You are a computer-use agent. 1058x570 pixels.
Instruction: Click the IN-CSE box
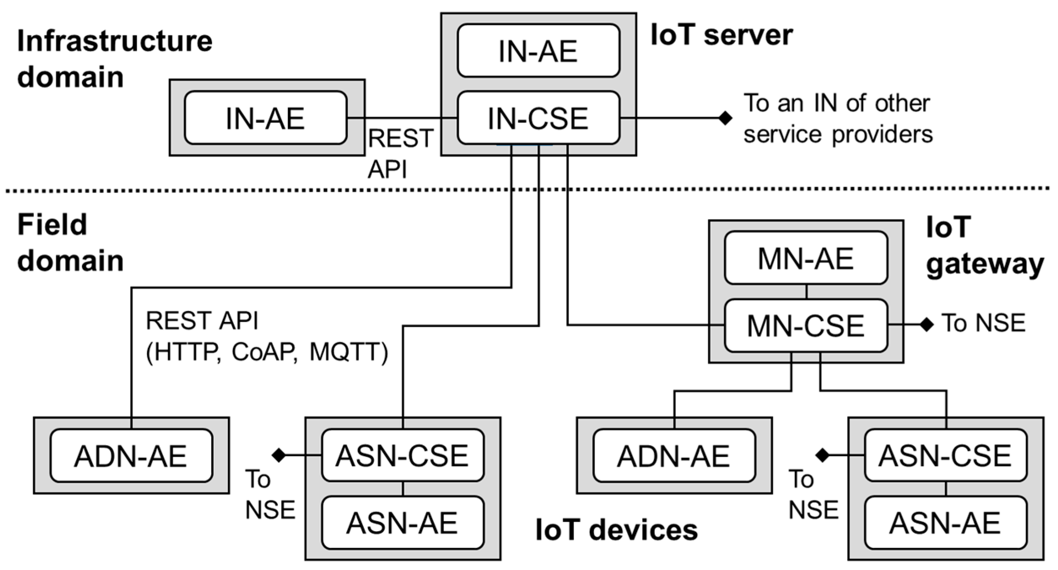[x=538, y=118]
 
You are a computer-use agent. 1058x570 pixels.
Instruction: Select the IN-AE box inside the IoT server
[x=538, y=51]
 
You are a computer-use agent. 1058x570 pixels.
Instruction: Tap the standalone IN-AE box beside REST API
[x=265, y=118]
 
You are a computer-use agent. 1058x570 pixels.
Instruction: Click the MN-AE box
[x=805, y=258]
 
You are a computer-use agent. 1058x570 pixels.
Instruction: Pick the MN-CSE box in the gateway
[x=805, y=325]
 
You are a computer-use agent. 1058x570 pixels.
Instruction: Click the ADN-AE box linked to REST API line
[x=131, y=456]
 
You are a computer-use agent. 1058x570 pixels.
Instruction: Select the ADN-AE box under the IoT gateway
[x=674, y=456]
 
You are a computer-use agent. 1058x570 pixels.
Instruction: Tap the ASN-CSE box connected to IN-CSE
[x=403, y=455]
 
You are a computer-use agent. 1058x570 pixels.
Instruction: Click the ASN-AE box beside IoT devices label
[x=403, y=523]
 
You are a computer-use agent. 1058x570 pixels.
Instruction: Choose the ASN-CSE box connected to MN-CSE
[x=945, y=455]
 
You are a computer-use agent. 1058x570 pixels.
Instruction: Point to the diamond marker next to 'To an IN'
[x=725, y=118]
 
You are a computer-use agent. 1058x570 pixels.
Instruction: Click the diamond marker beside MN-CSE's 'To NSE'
[x=926, y=324]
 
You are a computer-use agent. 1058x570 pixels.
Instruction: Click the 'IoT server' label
[x=721, y=35]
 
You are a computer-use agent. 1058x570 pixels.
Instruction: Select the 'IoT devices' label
[x=616, y=530]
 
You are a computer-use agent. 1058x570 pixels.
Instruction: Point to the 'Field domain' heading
[x=70, y=242]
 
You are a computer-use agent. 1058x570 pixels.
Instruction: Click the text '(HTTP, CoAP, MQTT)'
[x=267, y=352]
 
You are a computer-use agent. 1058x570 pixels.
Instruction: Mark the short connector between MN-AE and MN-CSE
[x=807, y=292]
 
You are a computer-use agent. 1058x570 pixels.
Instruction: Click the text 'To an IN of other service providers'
[x=838, y=119]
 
